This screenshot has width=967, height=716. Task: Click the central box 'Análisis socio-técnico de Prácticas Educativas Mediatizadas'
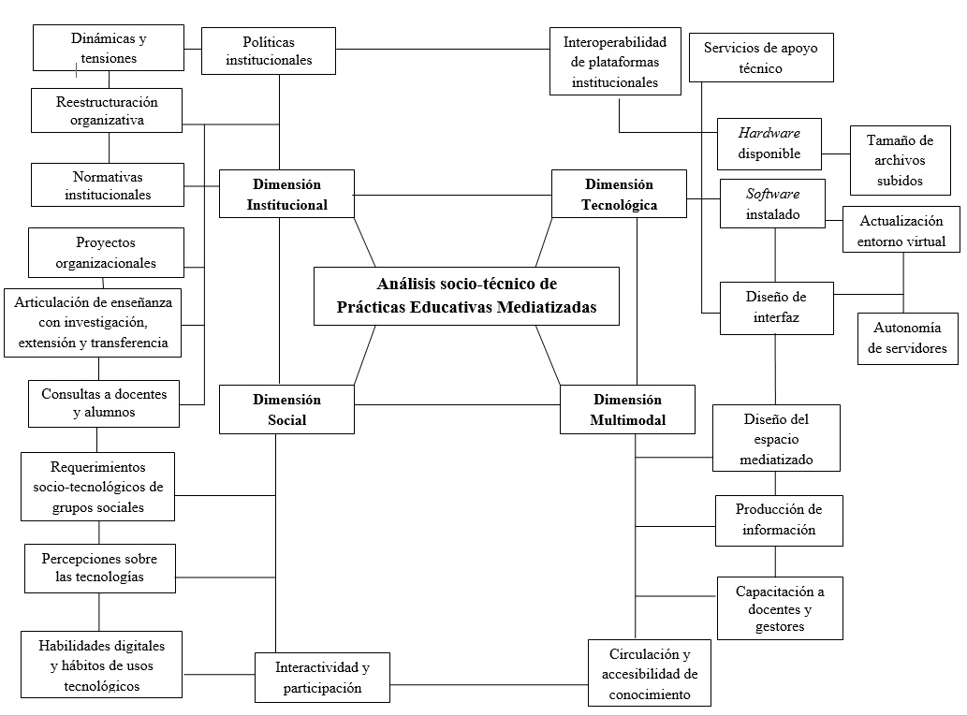point(466,296)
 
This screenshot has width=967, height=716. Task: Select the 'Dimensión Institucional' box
point(286,194)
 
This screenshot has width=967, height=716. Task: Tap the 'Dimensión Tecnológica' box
point(619,194)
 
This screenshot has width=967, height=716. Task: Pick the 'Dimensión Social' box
point(286,409)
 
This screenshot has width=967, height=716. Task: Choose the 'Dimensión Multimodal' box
point(627,409)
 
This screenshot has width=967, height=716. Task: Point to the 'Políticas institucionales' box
point(268,51)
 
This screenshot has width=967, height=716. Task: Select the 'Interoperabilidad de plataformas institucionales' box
point(614,62)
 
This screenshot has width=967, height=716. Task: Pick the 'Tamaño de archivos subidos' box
point(900,160)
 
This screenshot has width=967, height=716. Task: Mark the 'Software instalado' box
point(772,203)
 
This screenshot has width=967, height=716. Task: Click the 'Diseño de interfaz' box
point(775,308)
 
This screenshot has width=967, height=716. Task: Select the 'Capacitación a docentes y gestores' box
point(779,608)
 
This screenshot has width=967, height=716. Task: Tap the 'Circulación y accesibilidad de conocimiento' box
point(649,673)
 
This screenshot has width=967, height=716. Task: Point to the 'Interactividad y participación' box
point(322,677)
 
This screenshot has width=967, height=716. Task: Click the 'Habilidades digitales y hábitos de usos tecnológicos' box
point(101,665)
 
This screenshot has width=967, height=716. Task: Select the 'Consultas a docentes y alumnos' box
point(103,402)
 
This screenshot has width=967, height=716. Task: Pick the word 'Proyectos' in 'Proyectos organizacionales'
point(106,242)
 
